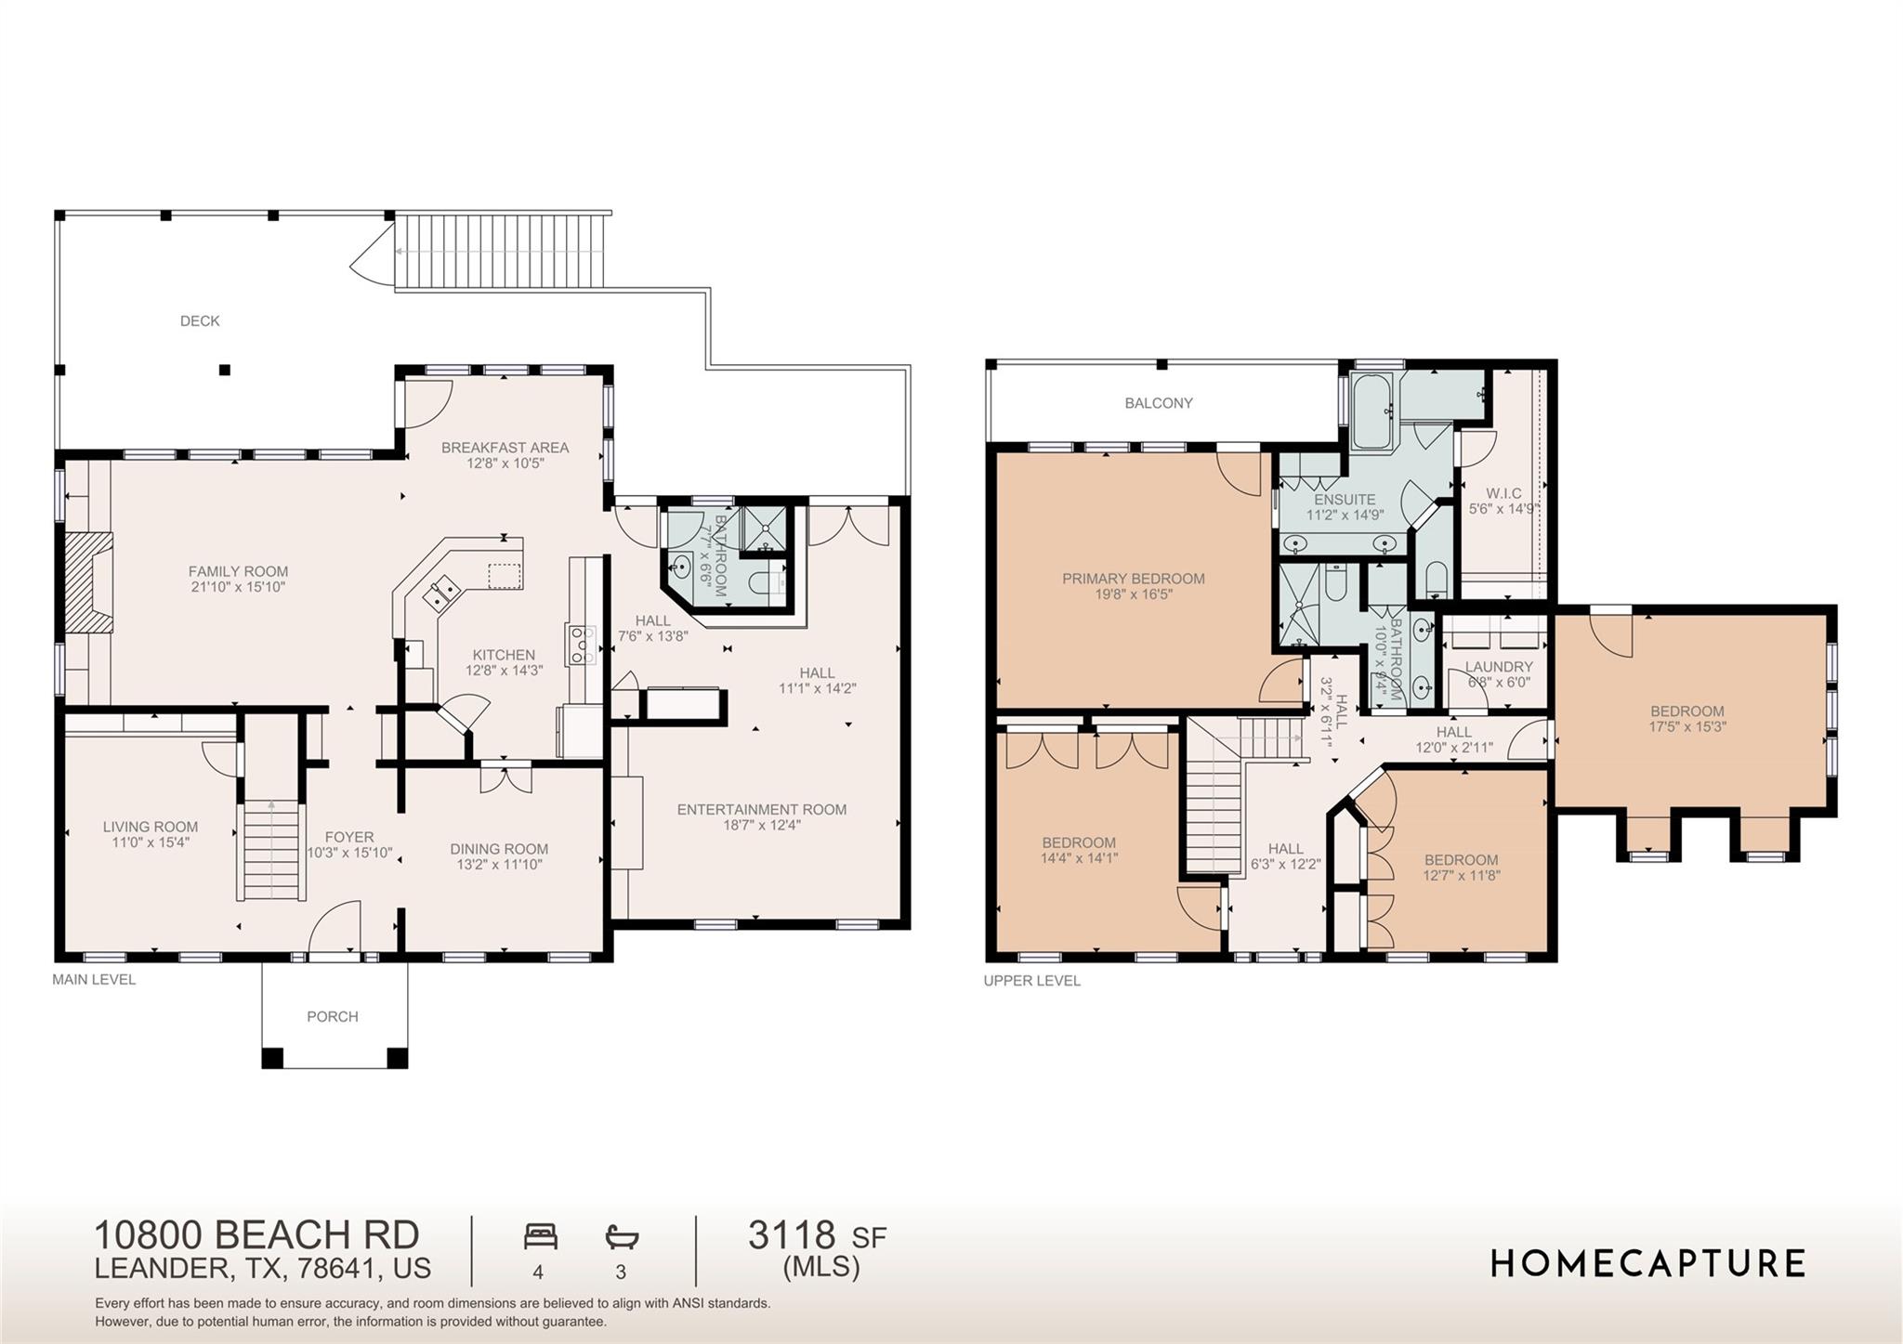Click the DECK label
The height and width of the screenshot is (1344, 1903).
(200, 321)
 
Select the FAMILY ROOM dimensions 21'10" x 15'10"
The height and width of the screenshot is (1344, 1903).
(237, 587)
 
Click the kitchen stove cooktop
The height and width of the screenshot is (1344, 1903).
(582, 644)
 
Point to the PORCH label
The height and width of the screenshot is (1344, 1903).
(333, 1017)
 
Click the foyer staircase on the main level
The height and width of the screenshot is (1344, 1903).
(271, 850)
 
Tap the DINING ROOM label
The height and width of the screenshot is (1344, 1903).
(499, 849)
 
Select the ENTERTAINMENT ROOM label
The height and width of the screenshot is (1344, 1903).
(761, 810)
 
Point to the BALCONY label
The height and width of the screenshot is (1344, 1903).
(1159, 403)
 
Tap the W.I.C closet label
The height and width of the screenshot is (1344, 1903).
(1503, 493)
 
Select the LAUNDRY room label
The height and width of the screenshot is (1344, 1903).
(1499, 667)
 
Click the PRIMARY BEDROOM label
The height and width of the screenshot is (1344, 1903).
(1133, 579)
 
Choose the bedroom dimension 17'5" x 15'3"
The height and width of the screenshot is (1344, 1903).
(1686, 727)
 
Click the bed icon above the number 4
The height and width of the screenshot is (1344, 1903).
(540, 1236)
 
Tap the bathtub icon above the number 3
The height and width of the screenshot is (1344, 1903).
(622, 1236)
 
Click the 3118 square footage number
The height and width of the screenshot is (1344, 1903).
(792, 1235)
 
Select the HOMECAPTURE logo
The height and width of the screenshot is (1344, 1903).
(1647, 1264)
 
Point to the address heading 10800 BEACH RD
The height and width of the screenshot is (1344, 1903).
(256, 1235)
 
